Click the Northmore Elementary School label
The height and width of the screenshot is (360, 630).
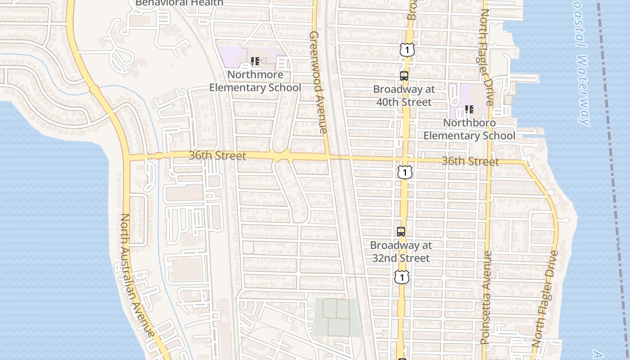pyautogui.click(x=255, y=81)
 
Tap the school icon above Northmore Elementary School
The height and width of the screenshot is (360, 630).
pyautogui.click(x=255, y=61)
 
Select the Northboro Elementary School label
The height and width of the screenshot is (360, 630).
pyautogui.click(x=469, y=129)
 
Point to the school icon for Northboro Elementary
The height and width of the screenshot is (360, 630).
pyautogui.click(x=469, y=109)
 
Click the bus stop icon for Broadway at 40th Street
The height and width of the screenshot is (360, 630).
pyautogui.click(x=404, y=76)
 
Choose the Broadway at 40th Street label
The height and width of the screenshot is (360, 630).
pyautogui.click(x=404, y=95)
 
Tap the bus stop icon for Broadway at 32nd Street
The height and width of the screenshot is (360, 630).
pyautogui.click(x=401, y=232)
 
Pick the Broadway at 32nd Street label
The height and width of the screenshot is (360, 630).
pyautogui.click(x=401, y=252)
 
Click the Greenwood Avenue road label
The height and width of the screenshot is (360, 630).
pyautogui.click(x=319, y=82)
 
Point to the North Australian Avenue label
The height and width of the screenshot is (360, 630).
pyautogui.click(x=137, y=274)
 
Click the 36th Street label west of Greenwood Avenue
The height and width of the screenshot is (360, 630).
pyautogui.click(x=217, y=156)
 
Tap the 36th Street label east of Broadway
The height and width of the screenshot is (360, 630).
pyautogui.click(x=470, y=161)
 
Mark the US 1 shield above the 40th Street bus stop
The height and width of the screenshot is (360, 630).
pyautogui.click(x=407, y=50)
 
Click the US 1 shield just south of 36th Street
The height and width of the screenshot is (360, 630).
pyautogui.click(x=405, y=172)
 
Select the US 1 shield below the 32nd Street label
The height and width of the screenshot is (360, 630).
pyautogui.click(x=402, y=277)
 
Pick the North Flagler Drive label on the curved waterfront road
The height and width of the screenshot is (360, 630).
pyautogui.click(x=545, y=298)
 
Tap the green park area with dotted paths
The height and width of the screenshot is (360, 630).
pyautogui.click(x=337, y=317)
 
